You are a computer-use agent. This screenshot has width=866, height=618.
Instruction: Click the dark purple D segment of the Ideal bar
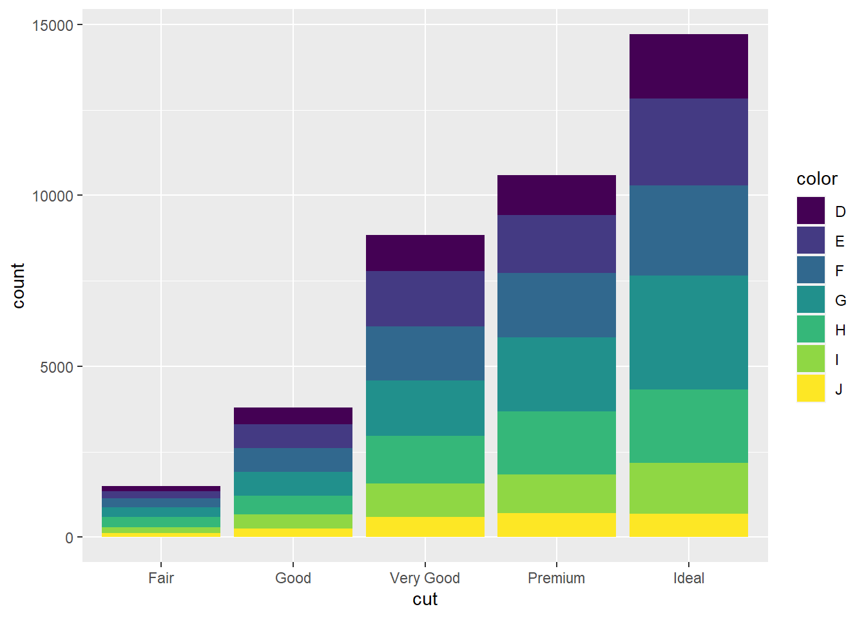688,66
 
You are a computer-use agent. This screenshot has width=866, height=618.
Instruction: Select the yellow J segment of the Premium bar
556,525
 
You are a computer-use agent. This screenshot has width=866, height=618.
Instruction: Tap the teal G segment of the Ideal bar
688,332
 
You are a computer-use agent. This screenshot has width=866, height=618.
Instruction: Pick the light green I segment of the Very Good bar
425,500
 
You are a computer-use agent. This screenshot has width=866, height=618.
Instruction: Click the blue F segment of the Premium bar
556,305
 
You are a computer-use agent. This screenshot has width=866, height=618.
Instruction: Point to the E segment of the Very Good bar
425,299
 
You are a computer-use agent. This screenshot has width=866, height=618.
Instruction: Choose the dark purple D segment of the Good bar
293,416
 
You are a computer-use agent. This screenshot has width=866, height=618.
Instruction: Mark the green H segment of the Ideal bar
688,426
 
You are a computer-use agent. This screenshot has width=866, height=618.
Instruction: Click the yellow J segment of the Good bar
293,532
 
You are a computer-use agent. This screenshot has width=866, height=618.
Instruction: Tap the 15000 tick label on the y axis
53,25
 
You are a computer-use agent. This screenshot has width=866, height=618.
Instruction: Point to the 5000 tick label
57,367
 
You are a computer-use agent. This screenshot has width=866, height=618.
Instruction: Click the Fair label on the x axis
161,578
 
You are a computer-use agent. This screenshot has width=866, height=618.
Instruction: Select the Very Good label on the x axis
425,578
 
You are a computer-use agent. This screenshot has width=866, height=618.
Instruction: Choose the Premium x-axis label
556,578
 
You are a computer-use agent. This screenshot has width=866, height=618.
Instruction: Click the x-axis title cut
425,599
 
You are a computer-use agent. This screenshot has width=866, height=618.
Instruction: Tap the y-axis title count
18,285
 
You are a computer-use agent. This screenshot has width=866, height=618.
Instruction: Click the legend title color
816,179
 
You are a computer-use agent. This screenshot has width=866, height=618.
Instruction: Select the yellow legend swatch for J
811,388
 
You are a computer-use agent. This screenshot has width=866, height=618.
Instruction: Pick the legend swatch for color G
811,299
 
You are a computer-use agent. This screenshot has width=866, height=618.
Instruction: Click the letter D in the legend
840,212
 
